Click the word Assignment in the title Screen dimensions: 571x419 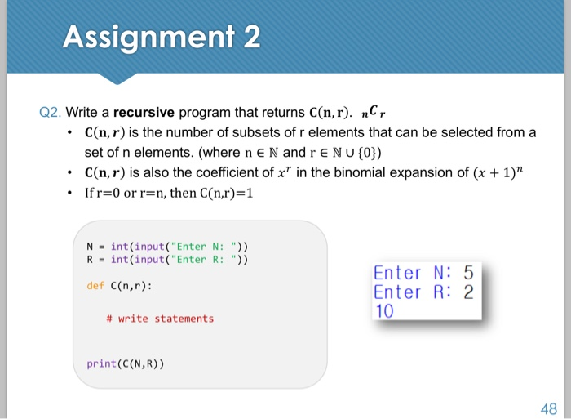click(x=149, y=38)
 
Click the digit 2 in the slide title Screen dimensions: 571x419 click(x=252, y=37)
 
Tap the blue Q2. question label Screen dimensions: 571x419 click(x=51, y=113)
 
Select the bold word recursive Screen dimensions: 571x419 click(x=144, y=112)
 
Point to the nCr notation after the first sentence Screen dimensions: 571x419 click(x=374, y=112)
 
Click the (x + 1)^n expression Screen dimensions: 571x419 click(x=498, y=172)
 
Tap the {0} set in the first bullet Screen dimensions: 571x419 click(x=370, y=153)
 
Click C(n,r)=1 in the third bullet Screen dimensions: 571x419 click(x=227, y=193)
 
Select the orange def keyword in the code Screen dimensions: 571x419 click(x=95, y=286)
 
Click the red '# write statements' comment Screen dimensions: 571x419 click(x=160, y=319)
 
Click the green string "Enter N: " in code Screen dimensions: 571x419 click(x=204, y=247)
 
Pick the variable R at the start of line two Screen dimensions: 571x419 click(x=90, y=259)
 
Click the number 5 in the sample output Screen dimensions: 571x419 click(x=468, y=273)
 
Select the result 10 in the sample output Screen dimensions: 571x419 click(x=384, y=311)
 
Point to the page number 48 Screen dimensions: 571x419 click(x=549, y=408)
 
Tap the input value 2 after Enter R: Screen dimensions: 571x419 click(x=468, y=292)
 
